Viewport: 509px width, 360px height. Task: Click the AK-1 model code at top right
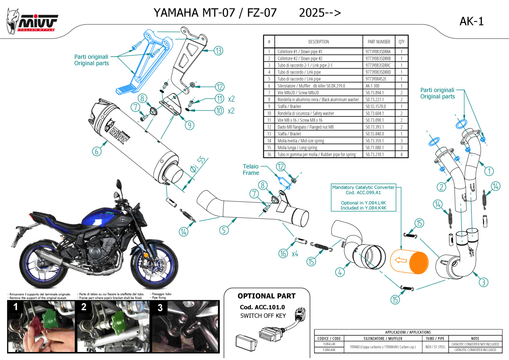tap(471, 21)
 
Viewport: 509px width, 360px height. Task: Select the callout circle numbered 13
tap(218, 51)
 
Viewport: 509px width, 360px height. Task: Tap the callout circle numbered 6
tap(97, 151)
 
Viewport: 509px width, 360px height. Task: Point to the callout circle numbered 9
tap(189, 125)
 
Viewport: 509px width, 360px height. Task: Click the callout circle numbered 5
tap(224, 230)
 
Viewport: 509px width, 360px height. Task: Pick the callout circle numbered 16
tap(283, 253)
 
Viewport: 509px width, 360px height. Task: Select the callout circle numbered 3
tap(484, 282)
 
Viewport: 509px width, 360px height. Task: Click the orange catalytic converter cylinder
tap(409, 262)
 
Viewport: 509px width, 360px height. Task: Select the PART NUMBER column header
tap(379, 42)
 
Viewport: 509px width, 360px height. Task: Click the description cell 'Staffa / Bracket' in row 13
tap(289, 134)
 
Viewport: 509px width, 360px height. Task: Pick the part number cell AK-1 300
tap(372, 86)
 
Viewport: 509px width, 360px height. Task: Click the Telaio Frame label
tap(251, 169)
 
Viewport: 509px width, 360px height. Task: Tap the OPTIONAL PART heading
tap(266, 296)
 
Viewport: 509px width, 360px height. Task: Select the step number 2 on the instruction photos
tap(84, 307)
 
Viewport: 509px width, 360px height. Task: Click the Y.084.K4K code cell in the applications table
tap(329, 350)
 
